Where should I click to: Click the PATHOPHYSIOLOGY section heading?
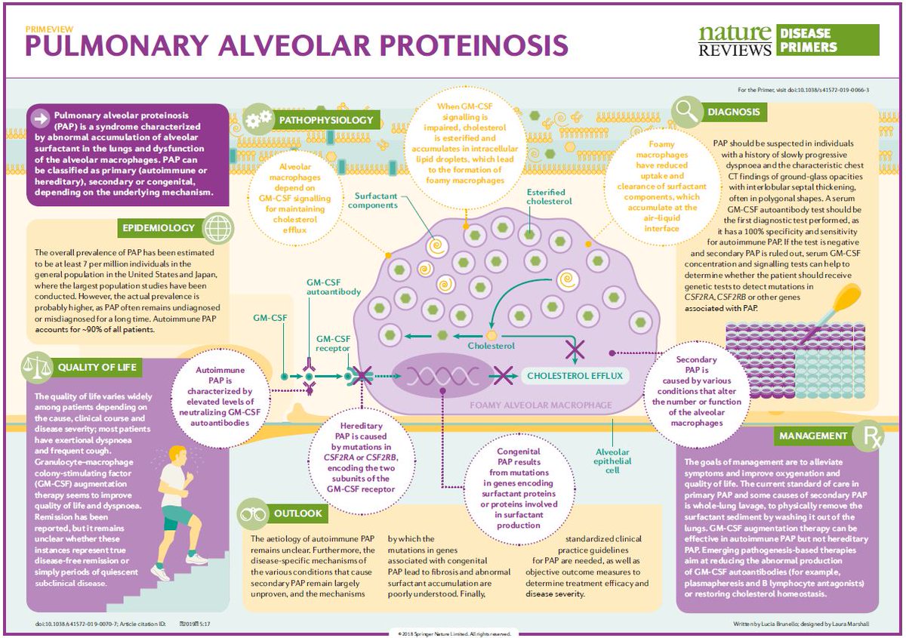(325, 119)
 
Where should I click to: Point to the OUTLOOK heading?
(297, 513)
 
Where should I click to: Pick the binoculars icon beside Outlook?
(252, 513)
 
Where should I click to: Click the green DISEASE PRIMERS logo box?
(827, 40)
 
